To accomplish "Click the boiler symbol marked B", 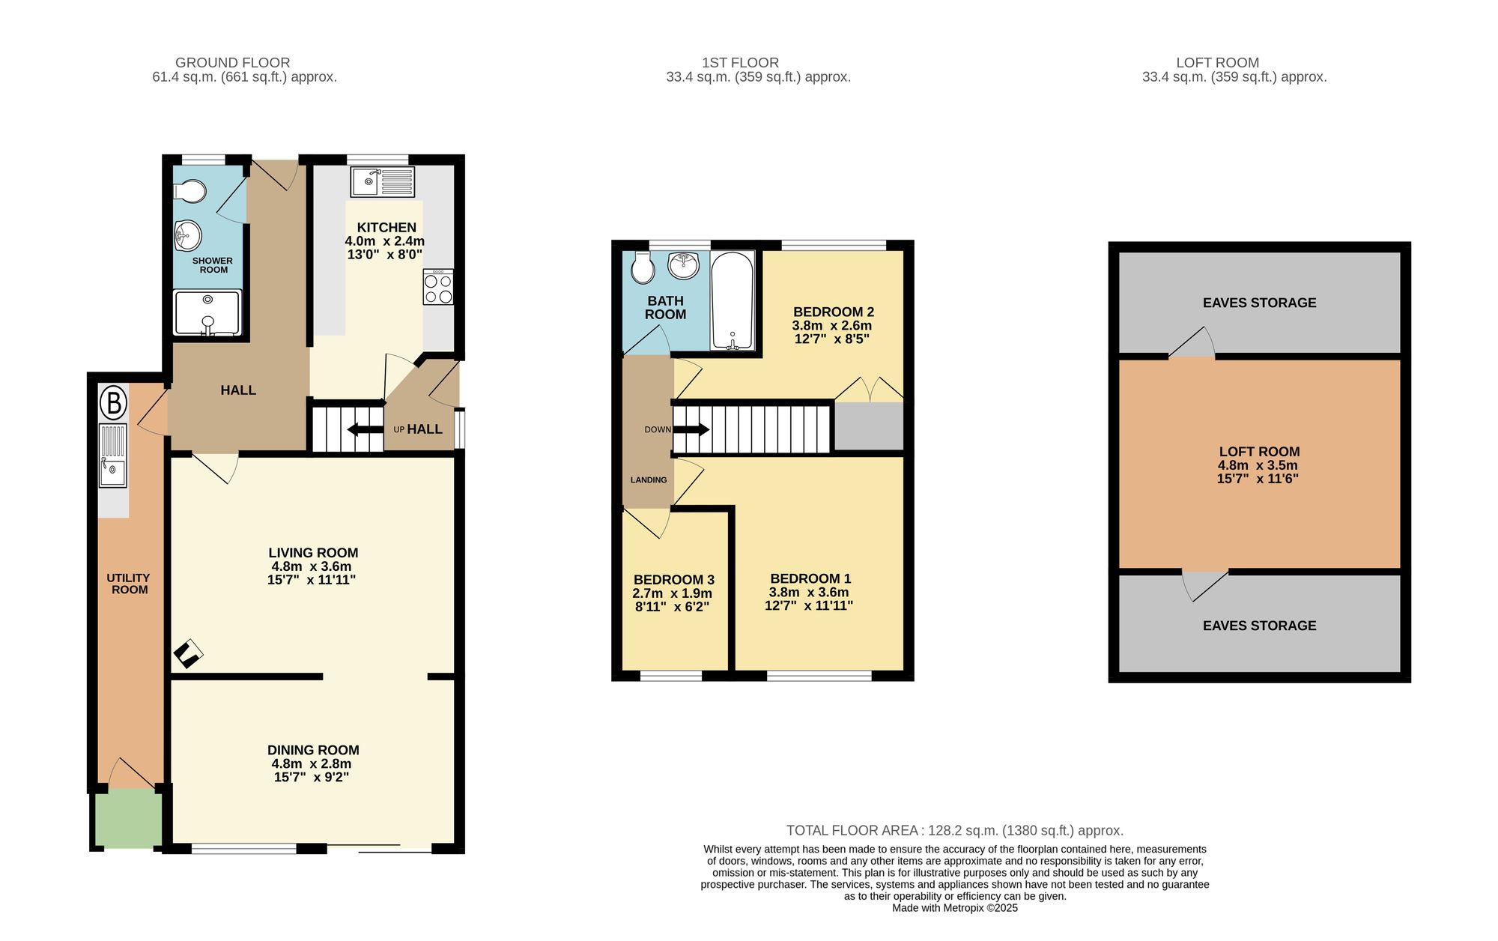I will pyautogui.click(x=113, y=403).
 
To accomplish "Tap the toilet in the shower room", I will pyautogui.click(x=191, y=191).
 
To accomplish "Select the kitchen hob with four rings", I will pyautogui.click(x=438, y=288).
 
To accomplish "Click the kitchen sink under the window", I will pyautogui.click(x=383, y=181).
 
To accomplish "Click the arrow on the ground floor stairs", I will pyautogui.click(x=365, y=429).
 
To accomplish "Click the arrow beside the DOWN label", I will pyautogui.click(x=692, y=429).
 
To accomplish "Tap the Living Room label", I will pyautogui.click(x=313, y=553).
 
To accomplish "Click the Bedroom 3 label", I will pyautogui.click(x=673, y=580).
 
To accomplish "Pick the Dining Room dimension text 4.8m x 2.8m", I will pyautogui.click(x=312, y=763).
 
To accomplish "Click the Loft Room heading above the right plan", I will pyautogui.click(x=1217, y=63).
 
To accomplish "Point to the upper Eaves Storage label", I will pyautogui.click(x=1259, y=303).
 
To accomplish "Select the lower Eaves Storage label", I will pyautogui.click(x=1259, y=626).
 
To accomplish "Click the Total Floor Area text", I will pyautogui.click(x=954, y=830).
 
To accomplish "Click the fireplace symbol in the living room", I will pyautogui.click(x=188, y=653).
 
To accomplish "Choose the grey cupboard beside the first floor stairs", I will pyautogui.click(x=869, y=426).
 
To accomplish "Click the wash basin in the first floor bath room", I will pyautogui.click(x=683, y=264).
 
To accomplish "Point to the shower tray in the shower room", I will pyautogui.click(x=207, y=312).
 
